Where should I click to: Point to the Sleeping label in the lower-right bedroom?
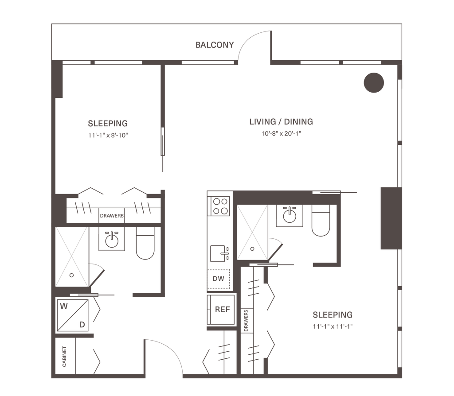pos(332,315)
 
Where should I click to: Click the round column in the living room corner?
pos(374,82)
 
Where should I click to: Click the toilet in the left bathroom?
pos(144,244)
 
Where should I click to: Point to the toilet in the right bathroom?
pos(321,221)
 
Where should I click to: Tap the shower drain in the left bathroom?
pos(71,275)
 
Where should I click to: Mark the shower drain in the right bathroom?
pos(252,249)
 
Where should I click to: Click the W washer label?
pos(63,306)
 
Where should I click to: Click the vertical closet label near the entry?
pos(65,356)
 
